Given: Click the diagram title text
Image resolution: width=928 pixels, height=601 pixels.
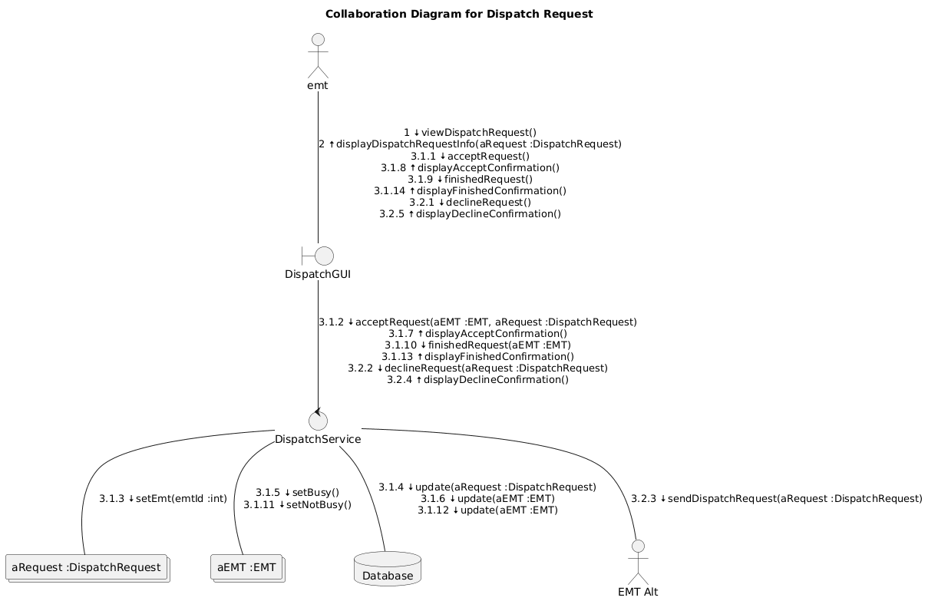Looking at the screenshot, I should pyautogui.click(x=459, y=14).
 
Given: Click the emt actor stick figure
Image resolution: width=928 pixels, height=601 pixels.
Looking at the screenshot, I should pyautogui.click(x=318, y=55).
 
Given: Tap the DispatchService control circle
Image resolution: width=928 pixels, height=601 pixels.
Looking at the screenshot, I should pyautogui.click(x=318, y=421).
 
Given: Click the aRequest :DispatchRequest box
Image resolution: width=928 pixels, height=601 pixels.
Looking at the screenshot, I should pyautogui.click(x=86, y=567).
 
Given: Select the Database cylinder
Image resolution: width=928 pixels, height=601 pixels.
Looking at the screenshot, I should pyautogui.click(x=388, y=568).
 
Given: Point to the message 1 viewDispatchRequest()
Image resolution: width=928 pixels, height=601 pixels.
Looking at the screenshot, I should pyautogui.click(x=470, y=133).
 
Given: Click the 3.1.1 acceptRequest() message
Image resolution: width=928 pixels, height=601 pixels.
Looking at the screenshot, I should pyautogui.click(x=470, y=156).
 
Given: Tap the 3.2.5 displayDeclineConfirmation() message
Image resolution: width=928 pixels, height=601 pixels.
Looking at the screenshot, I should pyautogui.click(x=470, y=213).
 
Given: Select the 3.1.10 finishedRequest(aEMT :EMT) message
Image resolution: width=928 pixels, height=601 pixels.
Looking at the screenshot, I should pyautogui.click(x=477, y=345).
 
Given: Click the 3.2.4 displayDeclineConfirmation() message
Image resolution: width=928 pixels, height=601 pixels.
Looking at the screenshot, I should pyautogui.click(x=477, y=380).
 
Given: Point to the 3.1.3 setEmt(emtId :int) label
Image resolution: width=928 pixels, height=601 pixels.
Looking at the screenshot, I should pyautogui.click(x=163, y=499).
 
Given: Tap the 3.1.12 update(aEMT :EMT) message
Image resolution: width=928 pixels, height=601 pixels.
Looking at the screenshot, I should pyautogui.click(x=487, y=510).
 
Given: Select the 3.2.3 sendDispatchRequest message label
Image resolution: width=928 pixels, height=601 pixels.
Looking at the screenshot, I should pyautogui.click(x=776, y=499).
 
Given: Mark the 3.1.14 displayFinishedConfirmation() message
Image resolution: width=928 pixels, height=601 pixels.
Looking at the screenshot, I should pyautogui.click(x=470, y=190).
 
